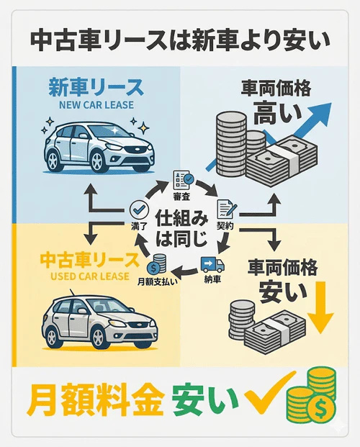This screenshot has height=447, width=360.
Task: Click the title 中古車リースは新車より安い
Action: pyautogui.click(x=179, y=37)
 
